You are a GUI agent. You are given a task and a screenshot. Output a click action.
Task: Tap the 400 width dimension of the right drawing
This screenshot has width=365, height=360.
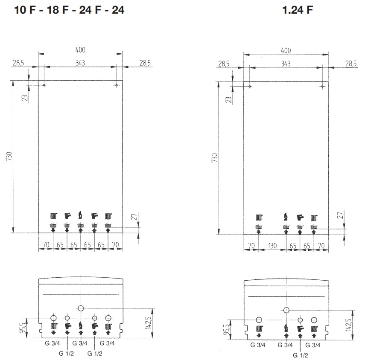(x=286, y=50)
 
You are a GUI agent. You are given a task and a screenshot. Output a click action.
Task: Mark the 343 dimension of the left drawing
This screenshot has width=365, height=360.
(x=80, y=63)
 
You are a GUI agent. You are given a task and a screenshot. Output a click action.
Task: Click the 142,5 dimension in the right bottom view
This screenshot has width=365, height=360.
(x=350, y=325)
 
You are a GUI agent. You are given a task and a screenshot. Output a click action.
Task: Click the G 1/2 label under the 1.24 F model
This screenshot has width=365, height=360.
(x=300, y=354)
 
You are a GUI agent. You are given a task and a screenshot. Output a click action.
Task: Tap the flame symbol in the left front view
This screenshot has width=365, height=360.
(x=80, y=215)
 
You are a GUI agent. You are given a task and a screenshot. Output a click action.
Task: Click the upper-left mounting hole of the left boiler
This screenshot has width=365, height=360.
(x=44, y=86)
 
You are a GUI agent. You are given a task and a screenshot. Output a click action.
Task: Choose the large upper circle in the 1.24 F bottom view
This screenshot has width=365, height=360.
(x=286, y=310)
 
